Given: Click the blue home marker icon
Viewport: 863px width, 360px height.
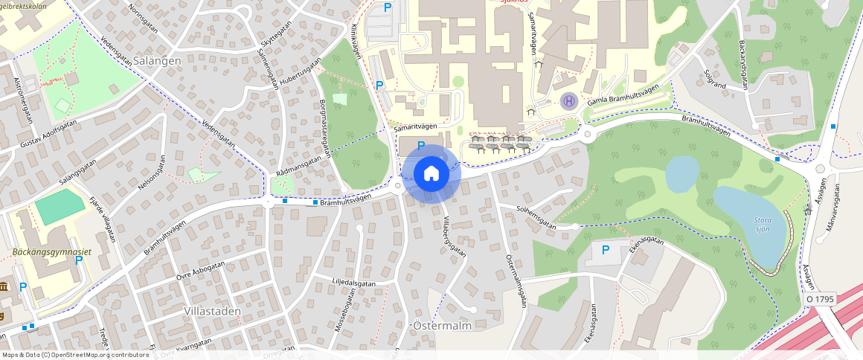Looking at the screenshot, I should (x=431, y=174).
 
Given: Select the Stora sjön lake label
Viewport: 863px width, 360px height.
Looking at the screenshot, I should (x=762, y=225).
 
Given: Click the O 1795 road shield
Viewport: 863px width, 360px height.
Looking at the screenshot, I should (x=821, y=299).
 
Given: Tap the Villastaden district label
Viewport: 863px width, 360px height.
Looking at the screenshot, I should (x=209, y=308).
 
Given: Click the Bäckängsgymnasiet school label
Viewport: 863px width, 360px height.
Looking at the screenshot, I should (x=51, y=252).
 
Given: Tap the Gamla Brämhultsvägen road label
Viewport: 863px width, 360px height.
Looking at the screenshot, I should (x=623, y=96).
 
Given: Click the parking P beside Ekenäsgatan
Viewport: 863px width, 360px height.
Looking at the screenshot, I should (x=605, y=250).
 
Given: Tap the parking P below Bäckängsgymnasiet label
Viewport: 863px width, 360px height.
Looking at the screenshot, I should (x=79, y=260).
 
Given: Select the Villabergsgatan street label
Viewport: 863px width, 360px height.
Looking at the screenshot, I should (x=455, y=237).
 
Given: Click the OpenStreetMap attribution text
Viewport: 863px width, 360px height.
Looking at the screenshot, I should (x=74, y=355).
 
